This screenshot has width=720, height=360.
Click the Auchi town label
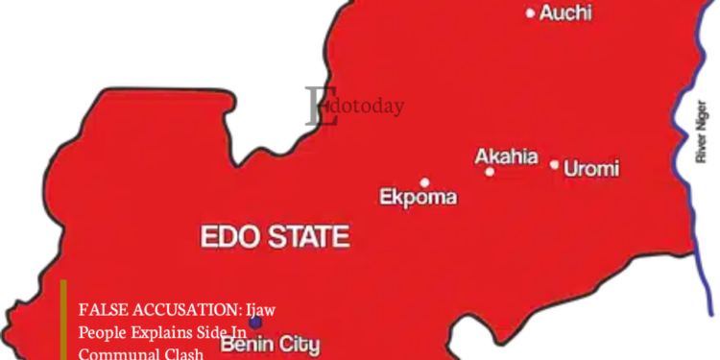(x=565, y=13)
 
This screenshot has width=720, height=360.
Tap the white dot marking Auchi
(x=531, y=13)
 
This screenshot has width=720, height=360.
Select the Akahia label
(x=506, y=157)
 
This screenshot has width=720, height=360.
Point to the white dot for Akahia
(x=490, y=172)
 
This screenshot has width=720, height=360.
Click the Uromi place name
(x=591, y=169)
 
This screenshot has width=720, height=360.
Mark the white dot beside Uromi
(x=554, y=165)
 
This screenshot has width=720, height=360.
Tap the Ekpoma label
(x=418, y=198)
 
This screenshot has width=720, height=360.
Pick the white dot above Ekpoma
(x=424, y=181)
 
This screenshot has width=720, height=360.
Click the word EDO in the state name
(x=228, y=236)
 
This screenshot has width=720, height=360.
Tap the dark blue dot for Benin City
(x=255, y=322)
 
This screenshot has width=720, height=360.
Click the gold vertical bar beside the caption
(x=63, y=322)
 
